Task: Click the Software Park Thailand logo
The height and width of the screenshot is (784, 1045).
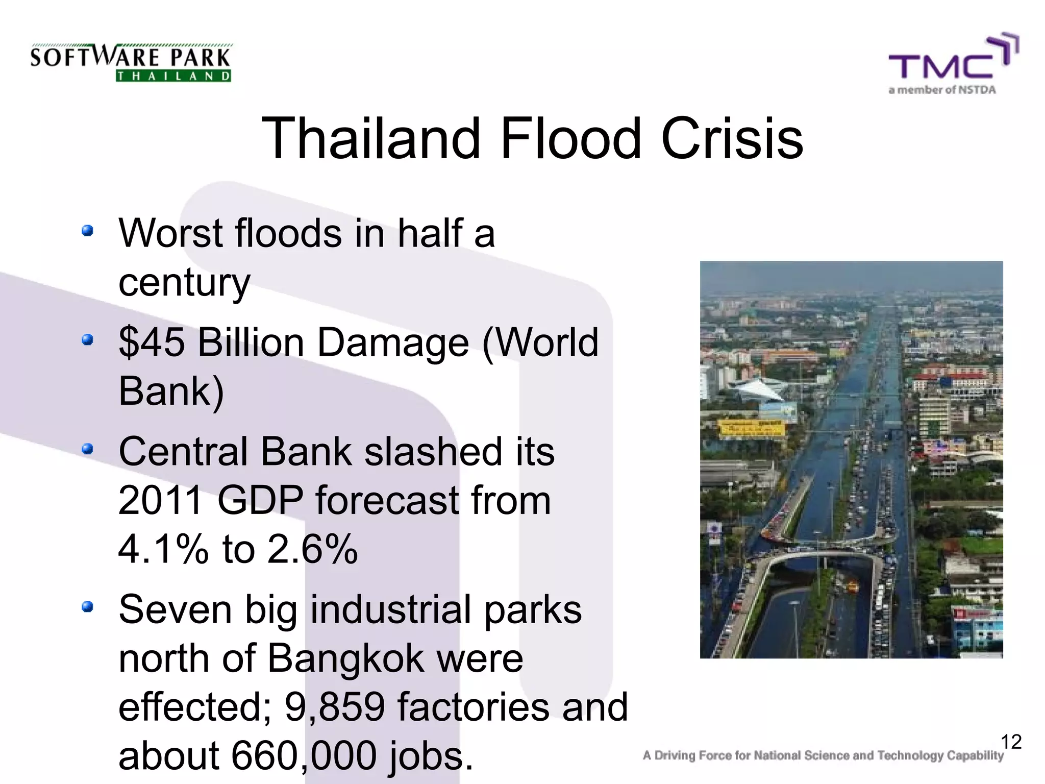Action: [x=131, y=62]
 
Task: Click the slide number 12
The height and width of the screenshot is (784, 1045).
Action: [x=1011, y=742]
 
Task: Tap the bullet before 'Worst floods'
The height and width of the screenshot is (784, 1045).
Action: [x=88, y=231]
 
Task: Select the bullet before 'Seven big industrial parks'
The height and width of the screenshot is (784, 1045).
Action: [x=88, y=607]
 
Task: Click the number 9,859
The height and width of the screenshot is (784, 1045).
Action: [x=335, y=707]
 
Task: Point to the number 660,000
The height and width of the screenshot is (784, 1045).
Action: [x=303, y=756]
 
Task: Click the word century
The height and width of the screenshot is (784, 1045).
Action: [x=184, y=282]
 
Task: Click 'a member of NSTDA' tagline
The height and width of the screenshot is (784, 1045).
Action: [x=942, y=90]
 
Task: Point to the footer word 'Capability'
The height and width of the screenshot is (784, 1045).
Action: [x=975, y=756]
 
